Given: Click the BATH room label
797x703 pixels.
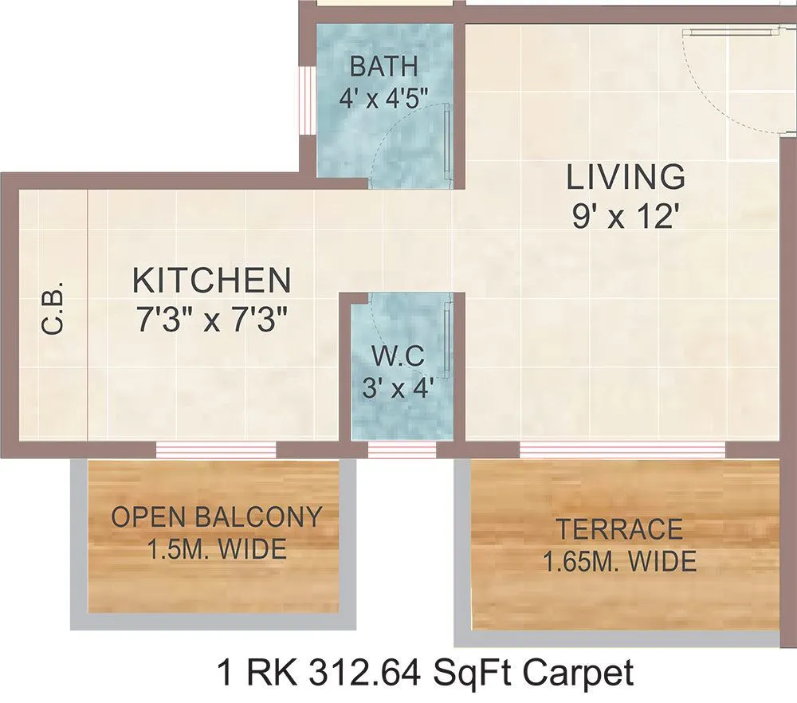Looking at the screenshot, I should (383, 65).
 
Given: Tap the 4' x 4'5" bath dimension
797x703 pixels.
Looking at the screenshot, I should (383, 97).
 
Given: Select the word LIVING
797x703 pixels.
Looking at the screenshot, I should (626, 177).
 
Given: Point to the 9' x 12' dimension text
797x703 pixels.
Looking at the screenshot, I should (625, 216).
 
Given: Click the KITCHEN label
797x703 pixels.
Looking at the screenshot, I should (211, 281).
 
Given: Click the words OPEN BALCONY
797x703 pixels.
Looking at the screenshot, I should (216, 517).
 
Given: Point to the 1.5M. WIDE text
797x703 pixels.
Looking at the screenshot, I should (216, 550).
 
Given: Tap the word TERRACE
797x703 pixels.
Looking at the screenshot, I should (619, 529).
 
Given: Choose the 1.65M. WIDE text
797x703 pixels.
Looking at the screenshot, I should (619, 562).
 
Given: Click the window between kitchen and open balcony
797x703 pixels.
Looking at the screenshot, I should (216, 450).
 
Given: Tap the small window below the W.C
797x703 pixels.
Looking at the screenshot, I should (402, 450).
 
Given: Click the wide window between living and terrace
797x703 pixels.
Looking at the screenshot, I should (622, 450).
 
